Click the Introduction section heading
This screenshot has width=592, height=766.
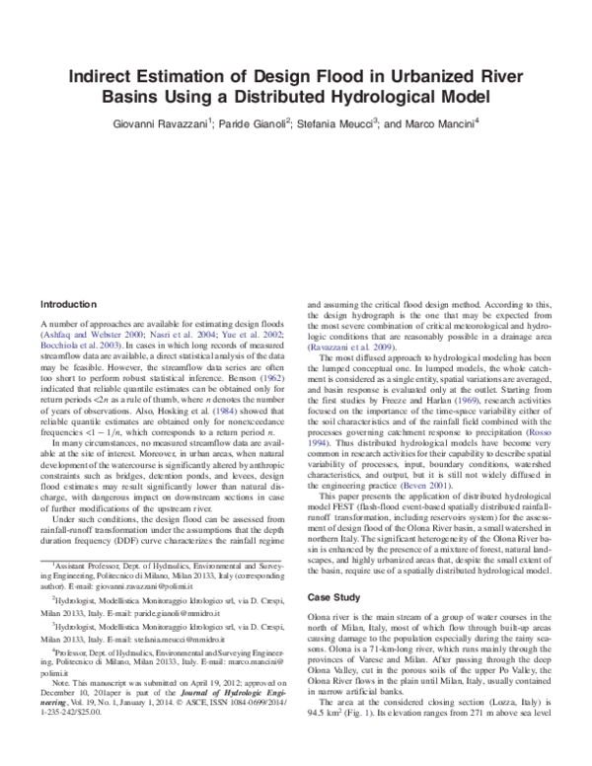pyautogui.click(x=68, y=303)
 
